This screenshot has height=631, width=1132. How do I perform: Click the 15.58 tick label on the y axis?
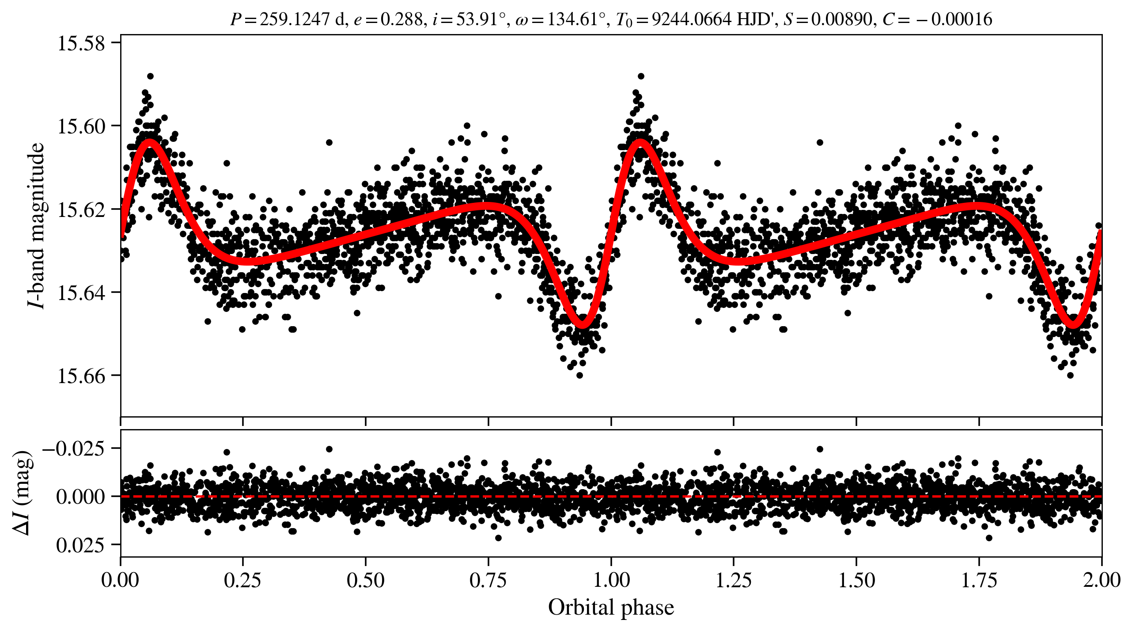click(81, 44)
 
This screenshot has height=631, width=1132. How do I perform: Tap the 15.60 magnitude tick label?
click(81, 127)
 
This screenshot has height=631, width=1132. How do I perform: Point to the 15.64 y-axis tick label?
click(81, 293)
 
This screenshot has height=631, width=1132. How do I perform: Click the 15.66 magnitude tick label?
click(81, 376)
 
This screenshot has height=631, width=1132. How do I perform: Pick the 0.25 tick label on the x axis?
click(242, 580)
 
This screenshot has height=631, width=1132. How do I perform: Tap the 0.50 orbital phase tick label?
click(365, 580)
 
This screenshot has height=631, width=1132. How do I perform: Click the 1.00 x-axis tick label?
click(611, 580)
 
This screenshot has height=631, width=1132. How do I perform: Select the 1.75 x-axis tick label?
click(979, 580)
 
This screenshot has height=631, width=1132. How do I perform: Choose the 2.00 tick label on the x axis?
click(1102, 580)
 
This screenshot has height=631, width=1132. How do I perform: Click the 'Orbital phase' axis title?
click(611, 608)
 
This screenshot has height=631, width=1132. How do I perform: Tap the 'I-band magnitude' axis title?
click(36, 225)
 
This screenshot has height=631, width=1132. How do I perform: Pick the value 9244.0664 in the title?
click(691, 19)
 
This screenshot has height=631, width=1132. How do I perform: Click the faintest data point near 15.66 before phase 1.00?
click(579, 375)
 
